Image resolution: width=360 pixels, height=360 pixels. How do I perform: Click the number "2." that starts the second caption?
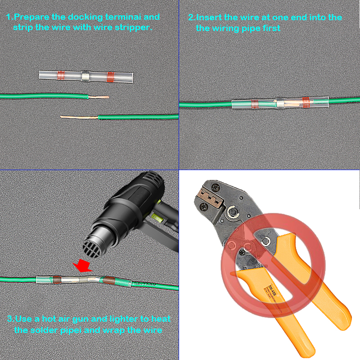tap(192, 18)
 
